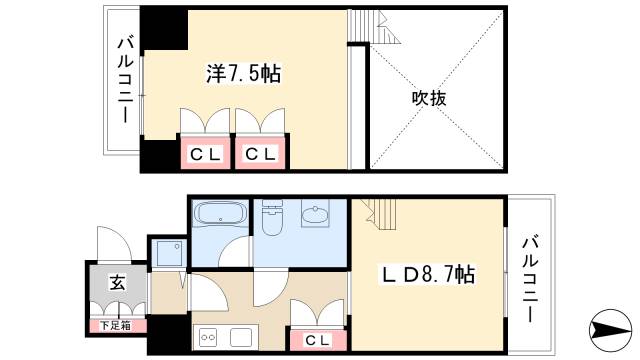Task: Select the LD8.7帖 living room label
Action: (426, 274)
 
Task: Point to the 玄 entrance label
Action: (116, 284)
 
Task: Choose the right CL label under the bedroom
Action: (261, 154)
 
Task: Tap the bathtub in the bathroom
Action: (219, 215)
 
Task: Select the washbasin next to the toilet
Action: (315, 216)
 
